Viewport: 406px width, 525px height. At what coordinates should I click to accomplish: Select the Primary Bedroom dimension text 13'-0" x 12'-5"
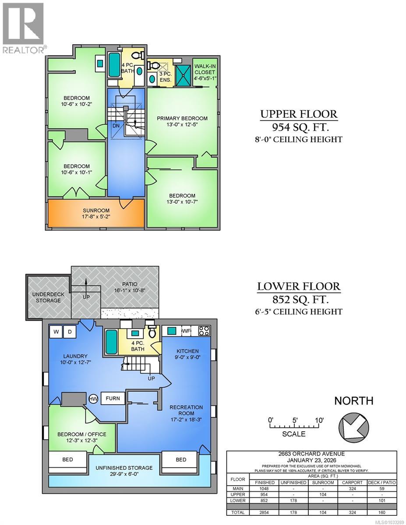(x=182, y=125)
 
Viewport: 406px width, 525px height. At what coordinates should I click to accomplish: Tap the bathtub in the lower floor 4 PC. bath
(x=111, y=341)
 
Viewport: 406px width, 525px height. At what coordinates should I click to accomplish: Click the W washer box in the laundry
(x=56, y=332)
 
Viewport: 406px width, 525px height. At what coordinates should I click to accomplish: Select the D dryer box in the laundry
(x=69, y=332)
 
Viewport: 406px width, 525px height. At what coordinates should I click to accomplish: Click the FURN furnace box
(x=113, y=399)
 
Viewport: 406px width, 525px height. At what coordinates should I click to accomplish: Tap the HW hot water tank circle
(x=93, y=399)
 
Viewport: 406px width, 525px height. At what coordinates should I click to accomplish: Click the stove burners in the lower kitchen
(x=204, y=331)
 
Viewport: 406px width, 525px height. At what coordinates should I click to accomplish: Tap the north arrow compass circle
(x=354, y=426)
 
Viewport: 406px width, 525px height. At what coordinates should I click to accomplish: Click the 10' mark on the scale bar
(x=320, y=420)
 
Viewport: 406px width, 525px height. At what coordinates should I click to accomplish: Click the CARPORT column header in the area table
(x=353, y=482)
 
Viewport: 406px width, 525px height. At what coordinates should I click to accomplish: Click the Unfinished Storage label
(x=124, y=468)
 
